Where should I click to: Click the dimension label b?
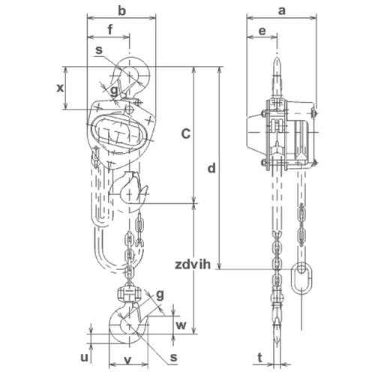[x=121, y=10]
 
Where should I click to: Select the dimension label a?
[x=282, y=11]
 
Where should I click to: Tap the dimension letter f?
[x=110, y=29]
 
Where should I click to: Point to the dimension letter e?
[x=262, y=31]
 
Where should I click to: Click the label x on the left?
[x=60, y=88]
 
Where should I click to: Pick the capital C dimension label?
[x=186, y=133]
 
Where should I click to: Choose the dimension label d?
[x=211, y=168]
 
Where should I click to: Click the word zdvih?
[x=193, y=265]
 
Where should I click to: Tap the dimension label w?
[x=181, y=325]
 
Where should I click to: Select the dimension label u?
[x=85, y=358]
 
